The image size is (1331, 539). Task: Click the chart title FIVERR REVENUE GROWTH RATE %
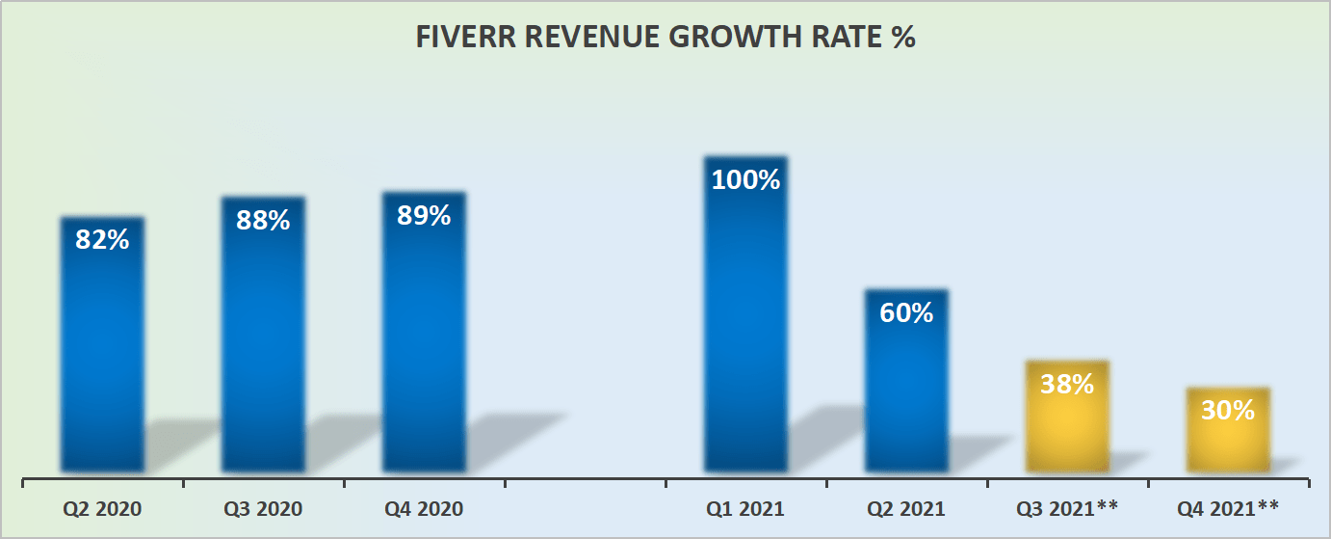point(665,38)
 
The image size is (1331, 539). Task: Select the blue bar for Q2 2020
point(102,357)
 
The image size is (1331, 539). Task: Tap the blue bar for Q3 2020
point(263,347)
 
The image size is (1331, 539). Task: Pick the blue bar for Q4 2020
point(424,347)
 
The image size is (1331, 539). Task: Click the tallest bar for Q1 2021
point(745,328)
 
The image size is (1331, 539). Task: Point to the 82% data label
point(102,239)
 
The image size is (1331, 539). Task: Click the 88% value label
point(263,220)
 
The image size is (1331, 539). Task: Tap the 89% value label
point(424,215)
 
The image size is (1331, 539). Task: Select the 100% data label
point(745,179)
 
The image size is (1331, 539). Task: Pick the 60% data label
point(906,312)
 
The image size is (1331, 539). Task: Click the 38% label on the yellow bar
point(1067,384)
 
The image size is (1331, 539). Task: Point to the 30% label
point(1228,410)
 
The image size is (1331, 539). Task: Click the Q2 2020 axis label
point(102,508)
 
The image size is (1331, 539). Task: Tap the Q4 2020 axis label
point(424,508)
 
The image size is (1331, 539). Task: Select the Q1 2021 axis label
point(745,508)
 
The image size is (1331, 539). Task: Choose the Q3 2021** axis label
point(1067,508)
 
